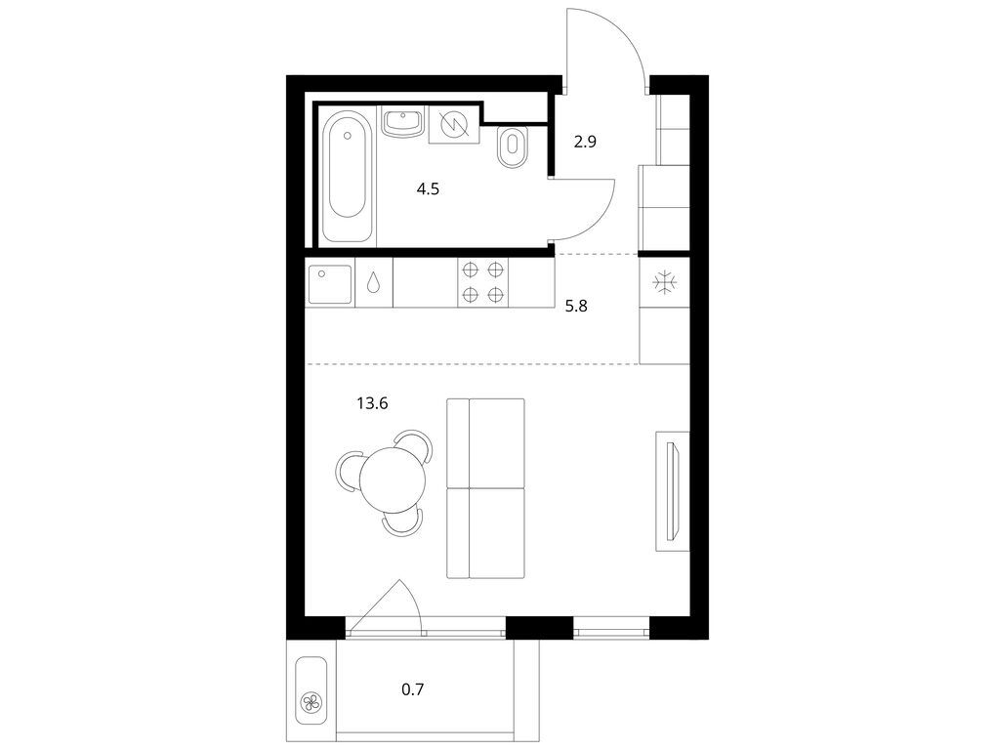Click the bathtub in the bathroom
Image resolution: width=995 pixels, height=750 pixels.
coord(347,174)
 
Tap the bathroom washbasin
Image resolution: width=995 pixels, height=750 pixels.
coord(403,121)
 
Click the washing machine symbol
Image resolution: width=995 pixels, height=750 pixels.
coord(454,124)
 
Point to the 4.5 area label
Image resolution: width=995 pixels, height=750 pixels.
coord(428,189)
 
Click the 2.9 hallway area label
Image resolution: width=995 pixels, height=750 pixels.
coord(585,143)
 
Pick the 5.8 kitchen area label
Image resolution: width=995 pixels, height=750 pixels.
coord(576,307)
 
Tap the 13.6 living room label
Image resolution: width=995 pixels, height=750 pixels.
coord(372,403)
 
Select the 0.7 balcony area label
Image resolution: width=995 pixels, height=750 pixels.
coord(412,689)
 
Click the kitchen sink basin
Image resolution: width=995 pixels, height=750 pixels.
coord(329,283)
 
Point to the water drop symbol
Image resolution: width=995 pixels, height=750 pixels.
coord(374,282)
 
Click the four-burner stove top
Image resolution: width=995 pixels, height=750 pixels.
coord(482,282)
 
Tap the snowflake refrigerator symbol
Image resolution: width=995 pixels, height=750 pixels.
coord(664,282)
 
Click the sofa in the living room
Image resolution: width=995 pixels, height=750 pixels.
coord(486,488)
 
